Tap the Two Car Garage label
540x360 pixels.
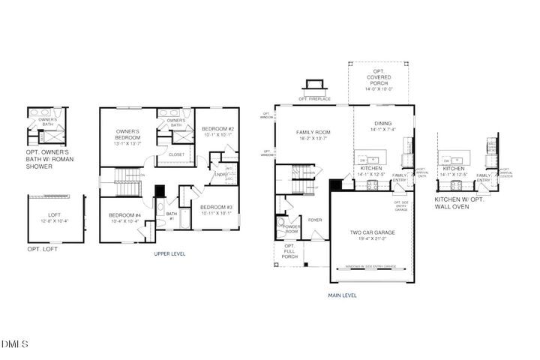pos(373,232)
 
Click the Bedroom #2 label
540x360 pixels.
pos(219,129)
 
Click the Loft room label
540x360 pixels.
pos(52,217)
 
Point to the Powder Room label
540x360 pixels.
pos(291,229)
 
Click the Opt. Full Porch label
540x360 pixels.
pos(289,252)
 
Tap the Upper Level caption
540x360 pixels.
pos(169,253)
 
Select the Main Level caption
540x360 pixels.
pos(342,295)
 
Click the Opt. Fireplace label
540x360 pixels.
pos(314,98)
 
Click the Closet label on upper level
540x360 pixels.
pos(176,154)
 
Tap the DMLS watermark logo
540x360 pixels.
pos(15,344)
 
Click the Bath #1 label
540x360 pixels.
pos(171,216)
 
